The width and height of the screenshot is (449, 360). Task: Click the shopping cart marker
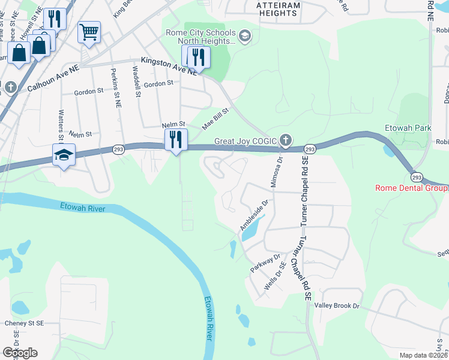89,32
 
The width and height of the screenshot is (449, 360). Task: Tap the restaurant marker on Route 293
176,140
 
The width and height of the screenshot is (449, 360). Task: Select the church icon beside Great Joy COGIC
285,141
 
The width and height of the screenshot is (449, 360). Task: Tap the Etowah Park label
408,128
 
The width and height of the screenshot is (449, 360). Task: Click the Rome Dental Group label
411,188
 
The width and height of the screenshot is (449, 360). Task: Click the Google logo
20,353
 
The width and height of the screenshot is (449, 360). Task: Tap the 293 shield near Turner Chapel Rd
310,148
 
